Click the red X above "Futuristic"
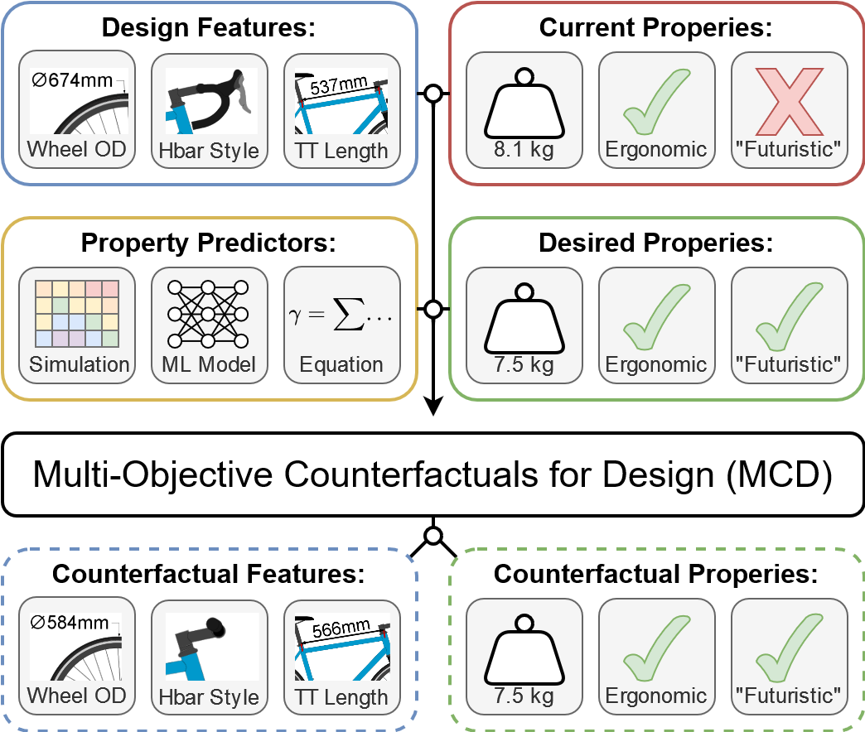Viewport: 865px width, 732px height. tap(790, 101)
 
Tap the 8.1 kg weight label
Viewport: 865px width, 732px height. tap(524, 149)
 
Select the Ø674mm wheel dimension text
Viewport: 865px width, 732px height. tap(72, 80)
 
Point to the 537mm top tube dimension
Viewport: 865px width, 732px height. tap(338, 85)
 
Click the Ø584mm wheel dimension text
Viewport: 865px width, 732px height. tap(70, 623)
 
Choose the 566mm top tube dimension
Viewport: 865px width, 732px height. tap(341, 628)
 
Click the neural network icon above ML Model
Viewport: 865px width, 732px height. tap(208, 314)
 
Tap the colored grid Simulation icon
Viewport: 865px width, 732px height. tap(77, 314)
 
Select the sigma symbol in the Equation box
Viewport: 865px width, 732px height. tap(349, 314)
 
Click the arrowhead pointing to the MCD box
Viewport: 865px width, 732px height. tap(433, 406)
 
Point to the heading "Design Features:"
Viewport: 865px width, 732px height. tap(209, 27)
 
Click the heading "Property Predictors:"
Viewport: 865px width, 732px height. tap(209, 243)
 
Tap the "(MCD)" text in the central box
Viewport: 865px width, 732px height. tap(779, 474)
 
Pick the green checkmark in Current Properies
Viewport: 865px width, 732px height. tap(656, 101)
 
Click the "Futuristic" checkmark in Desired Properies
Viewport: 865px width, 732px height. tap(790, 316)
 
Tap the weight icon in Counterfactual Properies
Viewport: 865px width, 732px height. tap(524, 650)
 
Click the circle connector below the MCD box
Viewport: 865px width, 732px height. tap(433, 536)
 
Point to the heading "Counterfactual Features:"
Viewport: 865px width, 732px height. tap(209, 574)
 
